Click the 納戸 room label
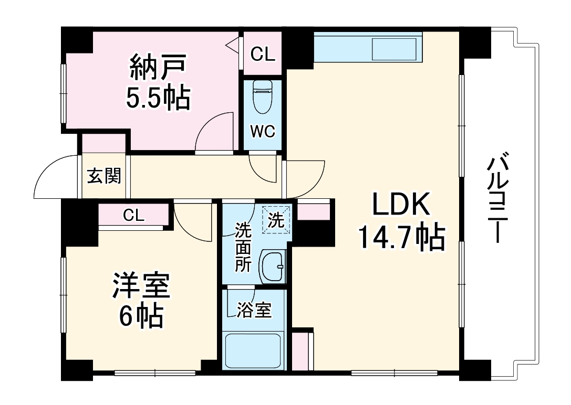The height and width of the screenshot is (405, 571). (x=157, y=68)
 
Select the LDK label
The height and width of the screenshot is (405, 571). (x=401, y=205)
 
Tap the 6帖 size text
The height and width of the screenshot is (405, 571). (x=140, y=316)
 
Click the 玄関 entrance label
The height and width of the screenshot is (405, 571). (x=103, y=176)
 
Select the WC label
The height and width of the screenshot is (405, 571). (x=262, y=132)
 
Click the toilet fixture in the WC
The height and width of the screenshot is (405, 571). (x=261, y=97)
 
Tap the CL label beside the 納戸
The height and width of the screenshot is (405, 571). (x=262, y=54)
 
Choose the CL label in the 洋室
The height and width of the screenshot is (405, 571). (x=134, y=215)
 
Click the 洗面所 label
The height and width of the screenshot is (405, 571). (x=243, y=247)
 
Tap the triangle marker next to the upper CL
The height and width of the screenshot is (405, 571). (x=232, y=46)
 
